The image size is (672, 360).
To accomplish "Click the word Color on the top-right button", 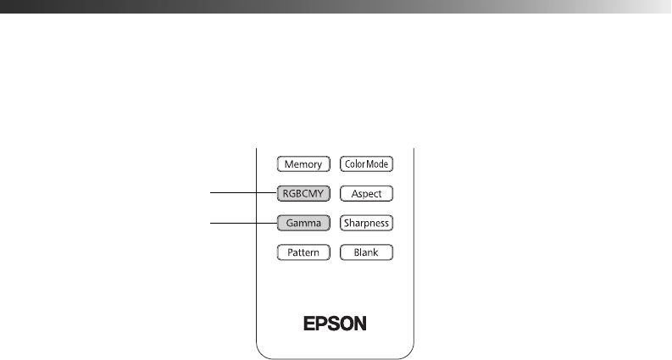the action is (x=354, y=163).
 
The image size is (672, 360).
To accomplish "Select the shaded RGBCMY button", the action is (x=301, y=193).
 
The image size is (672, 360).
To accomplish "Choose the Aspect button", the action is (x=366, y=194).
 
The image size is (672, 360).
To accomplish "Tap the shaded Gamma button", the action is (x=301, y=224).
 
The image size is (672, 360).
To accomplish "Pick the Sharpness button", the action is (x=366, y=224).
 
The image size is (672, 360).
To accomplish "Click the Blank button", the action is (x=366, y=252).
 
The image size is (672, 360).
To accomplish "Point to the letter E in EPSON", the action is (x=310, y=324).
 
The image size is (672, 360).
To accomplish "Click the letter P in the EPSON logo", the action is (x=323, y=324).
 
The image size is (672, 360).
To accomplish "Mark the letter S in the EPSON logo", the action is (x=335, y=324).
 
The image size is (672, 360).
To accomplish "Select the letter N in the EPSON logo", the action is (x=361, y=324).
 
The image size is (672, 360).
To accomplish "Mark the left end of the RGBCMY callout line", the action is (x=212, y=193).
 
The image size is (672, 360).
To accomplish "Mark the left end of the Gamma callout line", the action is (x=212, y=224).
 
